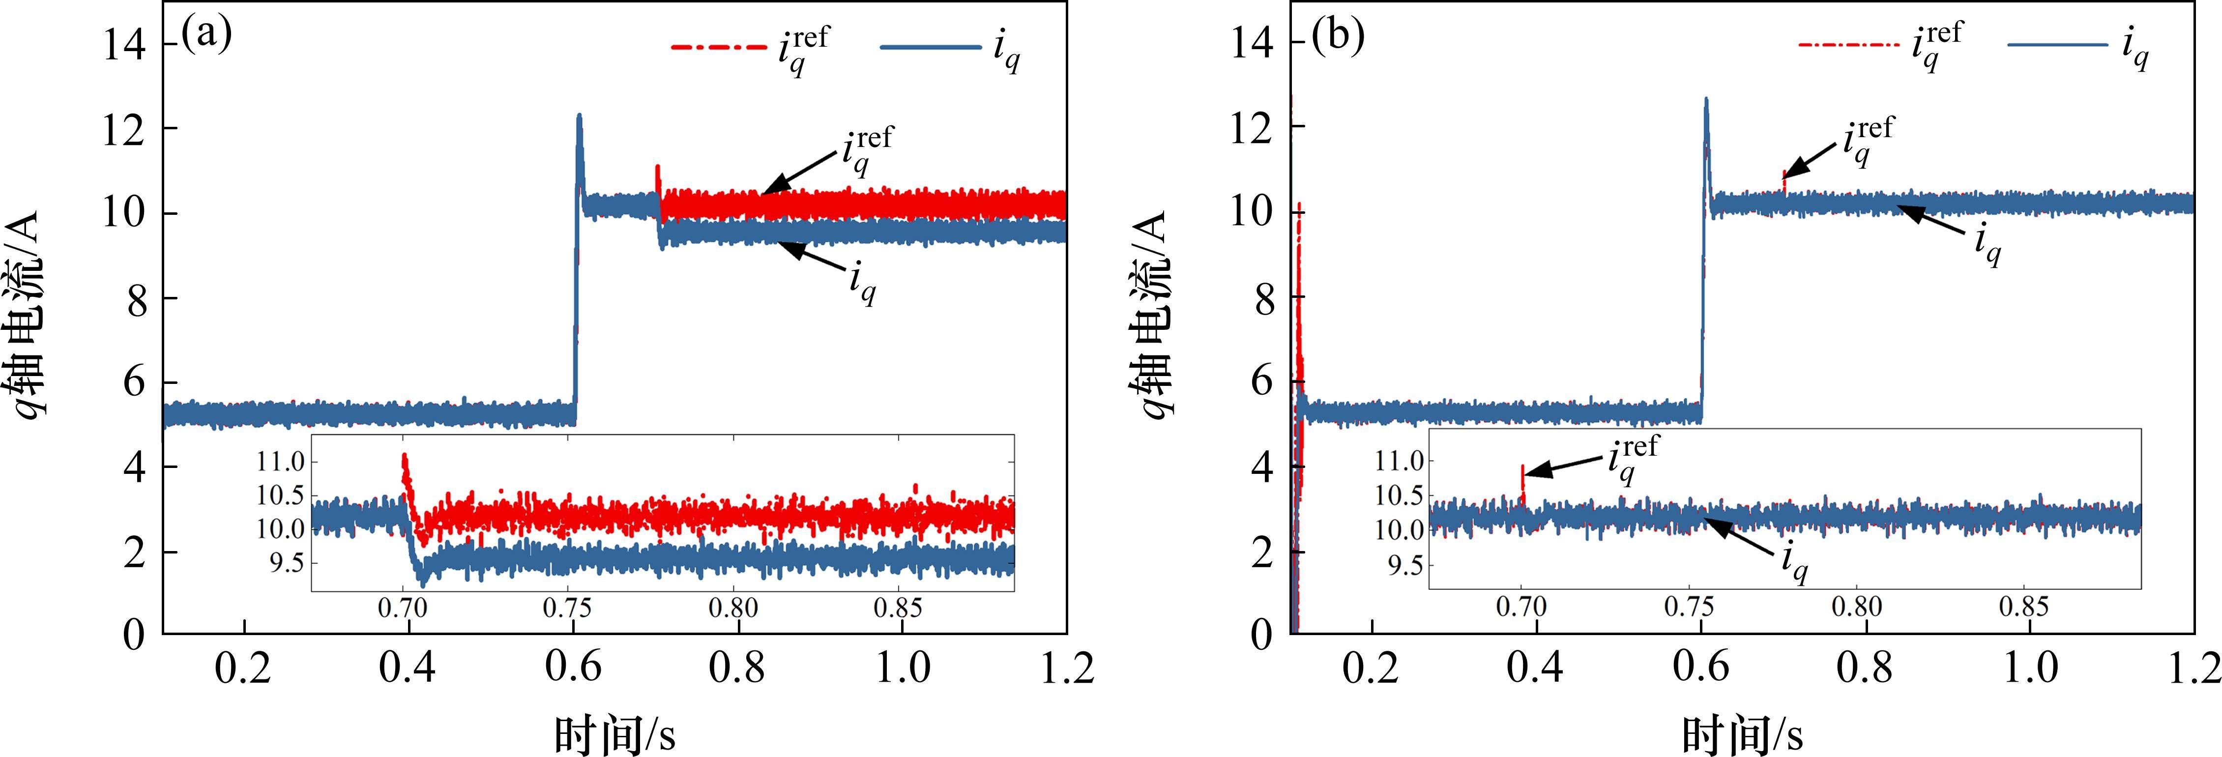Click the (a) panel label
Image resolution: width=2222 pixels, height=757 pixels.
pyautogui.click(x=207, y=36)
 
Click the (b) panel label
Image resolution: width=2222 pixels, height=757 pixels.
pyautogui.click(x=1338, y=36)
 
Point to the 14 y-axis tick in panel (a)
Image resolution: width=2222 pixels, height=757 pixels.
pyautogui.click(x=124, y=43)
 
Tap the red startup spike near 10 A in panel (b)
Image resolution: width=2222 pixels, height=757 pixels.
pyautogui.click(x=1298, y=207)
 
